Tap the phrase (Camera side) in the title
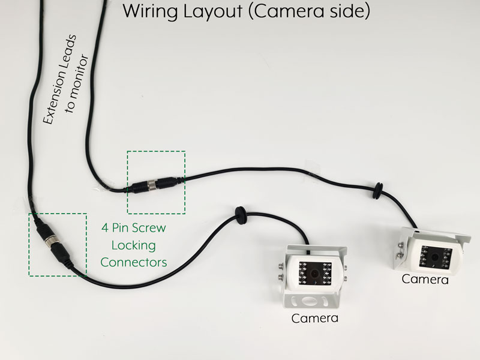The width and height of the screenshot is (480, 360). click(x=307, y=11)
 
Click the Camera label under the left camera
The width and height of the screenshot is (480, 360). click(x=314, y=318)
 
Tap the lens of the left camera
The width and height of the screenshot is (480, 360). click(x=313, y=273)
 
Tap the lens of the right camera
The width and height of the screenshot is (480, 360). click(x=432, y=256)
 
